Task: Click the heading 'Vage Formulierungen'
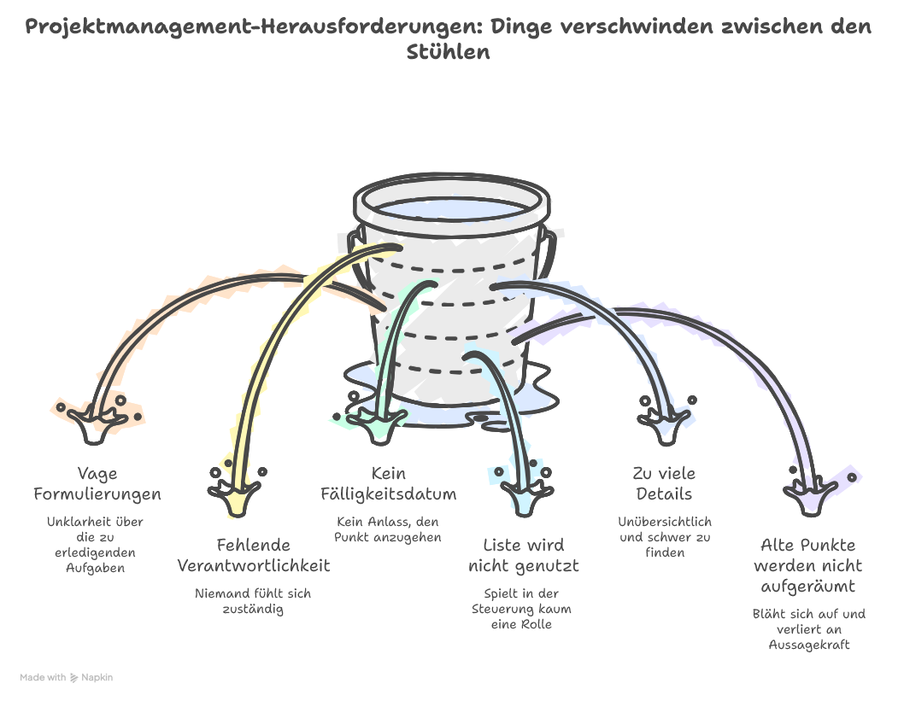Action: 97,483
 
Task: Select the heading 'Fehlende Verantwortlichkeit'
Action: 253,555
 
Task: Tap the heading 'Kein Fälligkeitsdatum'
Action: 388,483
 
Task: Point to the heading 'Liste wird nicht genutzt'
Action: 524,555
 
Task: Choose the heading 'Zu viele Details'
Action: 664,483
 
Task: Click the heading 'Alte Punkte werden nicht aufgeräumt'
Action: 807,565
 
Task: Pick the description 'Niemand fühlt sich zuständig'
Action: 253,601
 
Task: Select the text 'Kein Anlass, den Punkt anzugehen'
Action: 388,529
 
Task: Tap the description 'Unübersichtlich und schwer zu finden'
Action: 664,536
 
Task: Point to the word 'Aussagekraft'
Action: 807,645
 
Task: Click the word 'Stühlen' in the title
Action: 448,52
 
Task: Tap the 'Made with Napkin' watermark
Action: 67,677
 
